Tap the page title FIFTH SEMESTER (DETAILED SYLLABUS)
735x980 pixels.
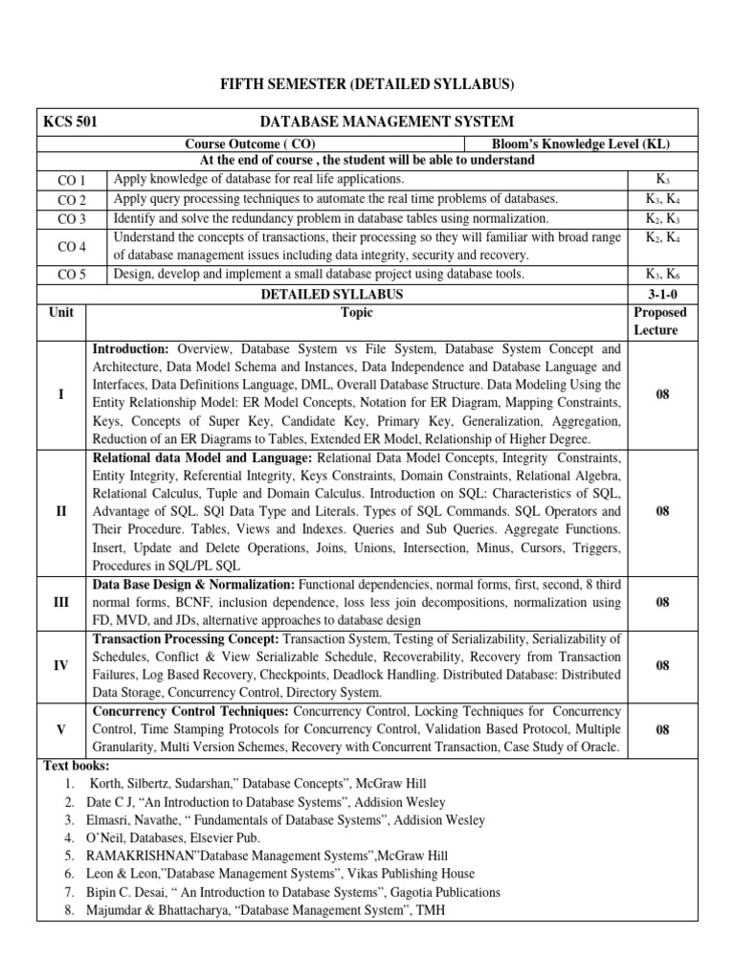(x=367, y=85)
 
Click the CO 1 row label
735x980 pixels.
(x=72, y=181)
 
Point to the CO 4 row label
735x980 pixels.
(x=72, y=247)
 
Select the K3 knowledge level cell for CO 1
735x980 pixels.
(x=662, y=180)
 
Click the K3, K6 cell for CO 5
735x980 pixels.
(x=662, y=275)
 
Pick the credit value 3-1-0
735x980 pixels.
(x=662, y=294)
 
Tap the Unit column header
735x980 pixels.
(x=61, y=313)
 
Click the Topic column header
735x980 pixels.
(x=357, y=313)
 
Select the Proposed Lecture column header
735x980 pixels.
(x=662, y=322)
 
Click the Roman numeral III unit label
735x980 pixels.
(x=61, y=603)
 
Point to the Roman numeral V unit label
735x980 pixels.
(x=61, y=730)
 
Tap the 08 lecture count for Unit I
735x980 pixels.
(x=662, y=393)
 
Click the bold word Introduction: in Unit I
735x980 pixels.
(x=130, y=349)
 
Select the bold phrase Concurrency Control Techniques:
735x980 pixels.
(x=190, y=712)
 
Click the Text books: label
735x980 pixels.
(x=77, y=767)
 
